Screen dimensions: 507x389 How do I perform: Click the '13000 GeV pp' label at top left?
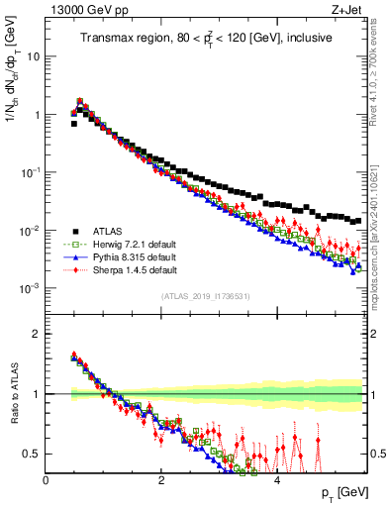[x=83, y=11]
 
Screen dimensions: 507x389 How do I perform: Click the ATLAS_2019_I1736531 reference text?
[x=205, y=296]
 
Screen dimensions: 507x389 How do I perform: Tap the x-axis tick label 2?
[x=161, y=479]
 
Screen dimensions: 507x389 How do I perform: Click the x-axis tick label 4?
[x=276, y=479]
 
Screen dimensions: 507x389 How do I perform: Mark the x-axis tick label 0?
[x=46, y=479]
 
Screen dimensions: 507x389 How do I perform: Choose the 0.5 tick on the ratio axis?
[x=32, y=454]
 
